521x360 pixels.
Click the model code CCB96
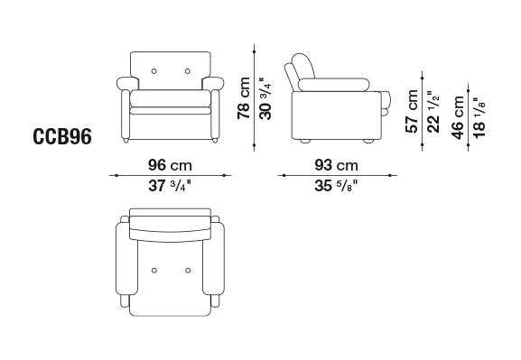click(x=62, y=136)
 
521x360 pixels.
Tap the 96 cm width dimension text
click(x=170, y=165)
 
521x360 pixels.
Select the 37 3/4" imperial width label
click(x=170, y=186)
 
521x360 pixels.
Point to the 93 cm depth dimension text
click(x=336, y=165)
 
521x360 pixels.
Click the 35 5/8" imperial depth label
click(x=336, y=186)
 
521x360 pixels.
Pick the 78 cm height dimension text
click(x=244, y=98)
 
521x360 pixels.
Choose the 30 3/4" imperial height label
click(x=265, y=98)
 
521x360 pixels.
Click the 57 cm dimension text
click(x=412, y=111)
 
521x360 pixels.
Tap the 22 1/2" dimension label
click(x=433, y=112)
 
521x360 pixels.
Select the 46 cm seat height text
click(x=458, y=117)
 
